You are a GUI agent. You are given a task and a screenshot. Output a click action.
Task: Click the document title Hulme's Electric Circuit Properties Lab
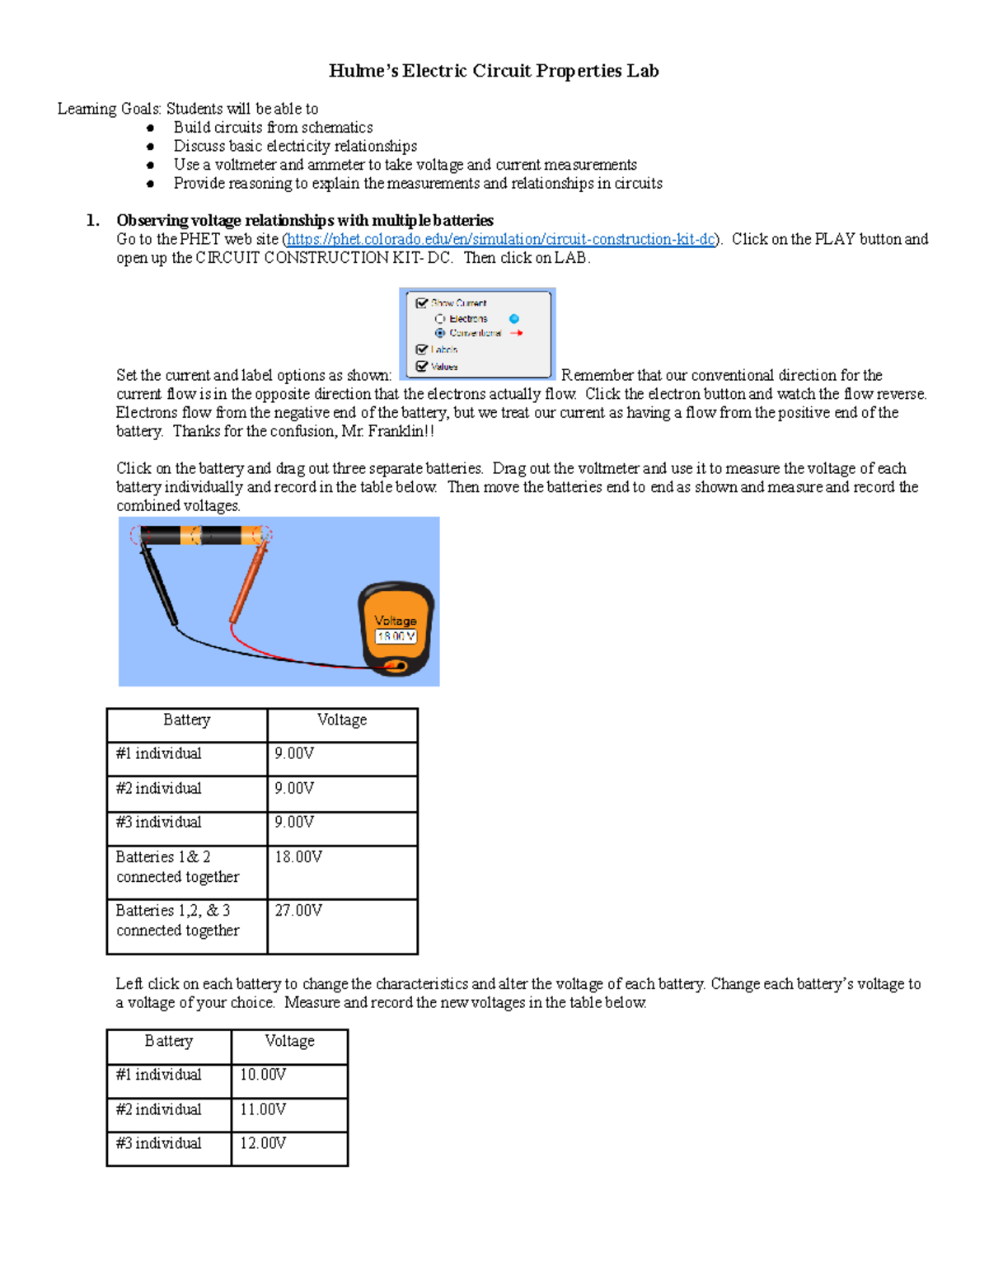click(493, 71)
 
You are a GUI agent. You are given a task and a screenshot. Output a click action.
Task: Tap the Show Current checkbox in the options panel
click(422, 303)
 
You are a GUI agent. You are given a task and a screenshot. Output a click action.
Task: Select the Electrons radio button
click(440, 319)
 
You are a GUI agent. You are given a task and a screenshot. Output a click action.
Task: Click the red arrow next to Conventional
click(517, 333)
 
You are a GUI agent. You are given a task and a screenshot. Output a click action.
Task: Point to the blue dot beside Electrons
click(514, 319)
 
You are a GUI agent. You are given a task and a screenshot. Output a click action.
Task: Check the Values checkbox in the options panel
click(422, 367)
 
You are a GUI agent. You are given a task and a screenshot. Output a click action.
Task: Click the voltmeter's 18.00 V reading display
click(396, 636)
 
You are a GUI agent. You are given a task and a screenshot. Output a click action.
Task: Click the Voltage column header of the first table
click(342, 720)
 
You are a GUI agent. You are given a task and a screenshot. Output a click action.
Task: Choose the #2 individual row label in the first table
click(158, 789)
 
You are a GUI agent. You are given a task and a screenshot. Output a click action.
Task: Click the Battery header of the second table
click(169, 1042)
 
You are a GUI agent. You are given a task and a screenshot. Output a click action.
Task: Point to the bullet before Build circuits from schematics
click(150, 128)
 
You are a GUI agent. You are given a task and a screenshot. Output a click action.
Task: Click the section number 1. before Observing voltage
click(93, 220)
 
